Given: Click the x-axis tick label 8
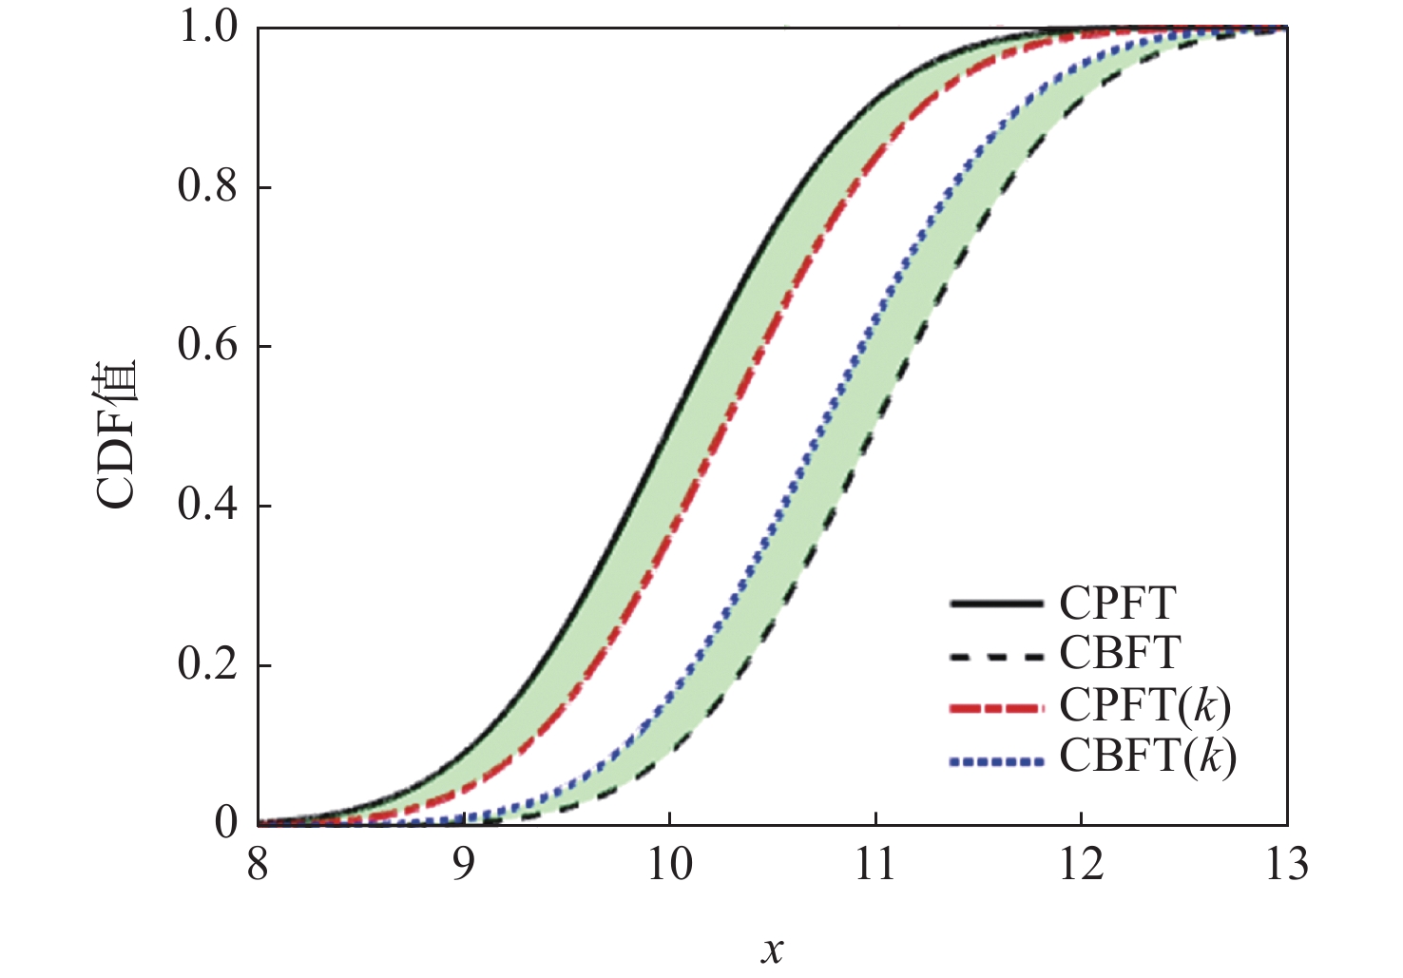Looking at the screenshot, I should tap(258, 866).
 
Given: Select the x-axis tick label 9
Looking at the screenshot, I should tap(463, 866).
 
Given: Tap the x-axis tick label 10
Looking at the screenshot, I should tap(669, 866).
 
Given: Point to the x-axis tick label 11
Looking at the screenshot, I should tap(874, 866).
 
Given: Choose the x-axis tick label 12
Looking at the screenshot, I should tap(1081, 866).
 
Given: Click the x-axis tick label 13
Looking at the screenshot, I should tap(1286, 866).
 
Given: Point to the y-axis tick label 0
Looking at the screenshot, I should tap(226, 823).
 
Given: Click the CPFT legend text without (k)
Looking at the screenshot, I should tap(1118, 604).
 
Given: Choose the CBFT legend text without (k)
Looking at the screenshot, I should tap(1120, 654).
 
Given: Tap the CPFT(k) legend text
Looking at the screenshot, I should tap(1145, 706).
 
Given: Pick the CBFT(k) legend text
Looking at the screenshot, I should tap(1147, 757).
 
